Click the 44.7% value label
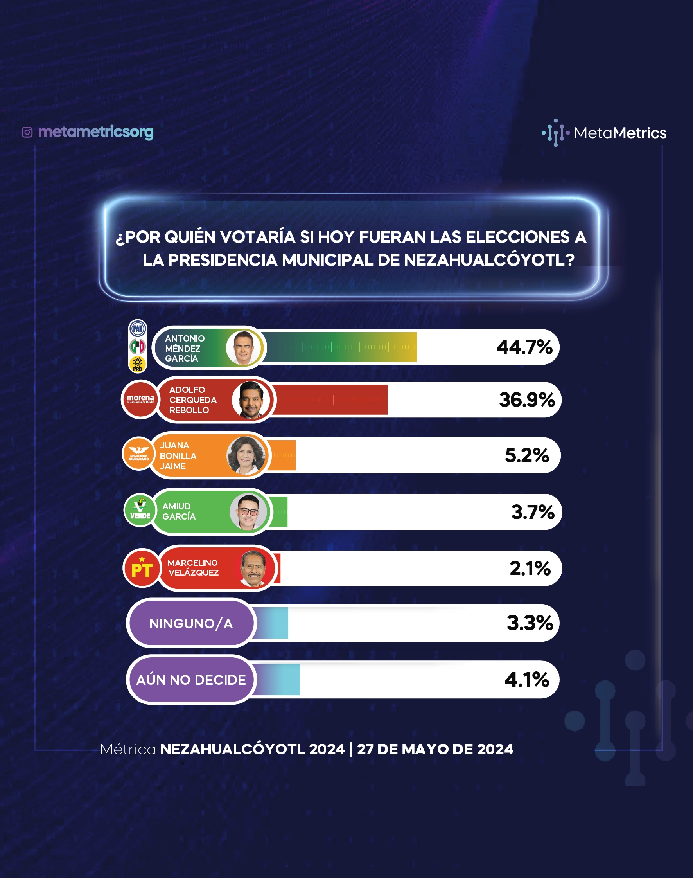524,347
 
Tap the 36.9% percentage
527,400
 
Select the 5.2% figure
527,455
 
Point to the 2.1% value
530,568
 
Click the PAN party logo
138,328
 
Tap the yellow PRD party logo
138,364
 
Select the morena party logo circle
140,399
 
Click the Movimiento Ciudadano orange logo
139,454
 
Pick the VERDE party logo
140,510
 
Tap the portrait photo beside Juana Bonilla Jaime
246,455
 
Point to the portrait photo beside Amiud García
248,512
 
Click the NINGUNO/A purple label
191,623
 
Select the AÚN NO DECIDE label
191,680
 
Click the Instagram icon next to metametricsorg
27,132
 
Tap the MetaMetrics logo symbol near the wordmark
555,132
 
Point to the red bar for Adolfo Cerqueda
330,400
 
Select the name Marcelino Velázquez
193,567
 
